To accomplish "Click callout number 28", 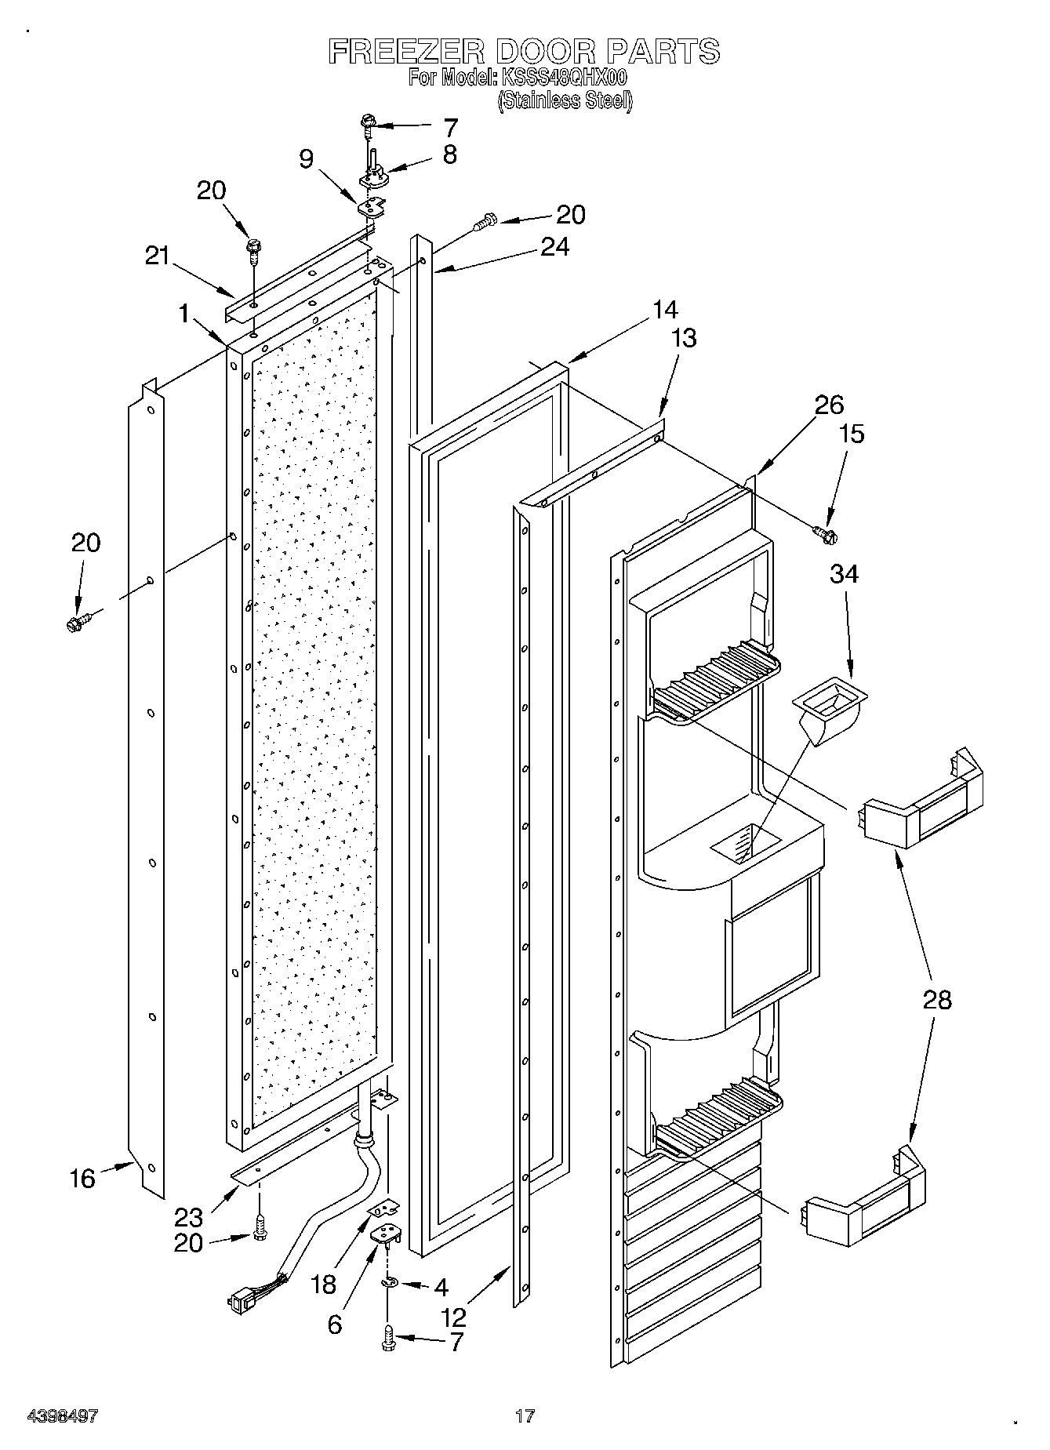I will (938, 1000).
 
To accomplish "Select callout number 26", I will (829, 405).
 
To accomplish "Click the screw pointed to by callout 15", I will (825, 534).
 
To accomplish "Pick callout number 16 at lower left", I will (82, 1178).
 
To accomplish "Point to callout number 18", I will (323, 1285).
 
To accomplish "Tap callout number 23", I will (189, 1217).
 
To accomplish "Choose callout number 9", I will (307, 159).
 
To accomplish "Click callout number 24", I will (554, 246).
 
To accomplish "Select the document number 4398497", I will (63, 1416).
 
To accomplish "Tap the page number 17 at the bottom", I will (525, 1416).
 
